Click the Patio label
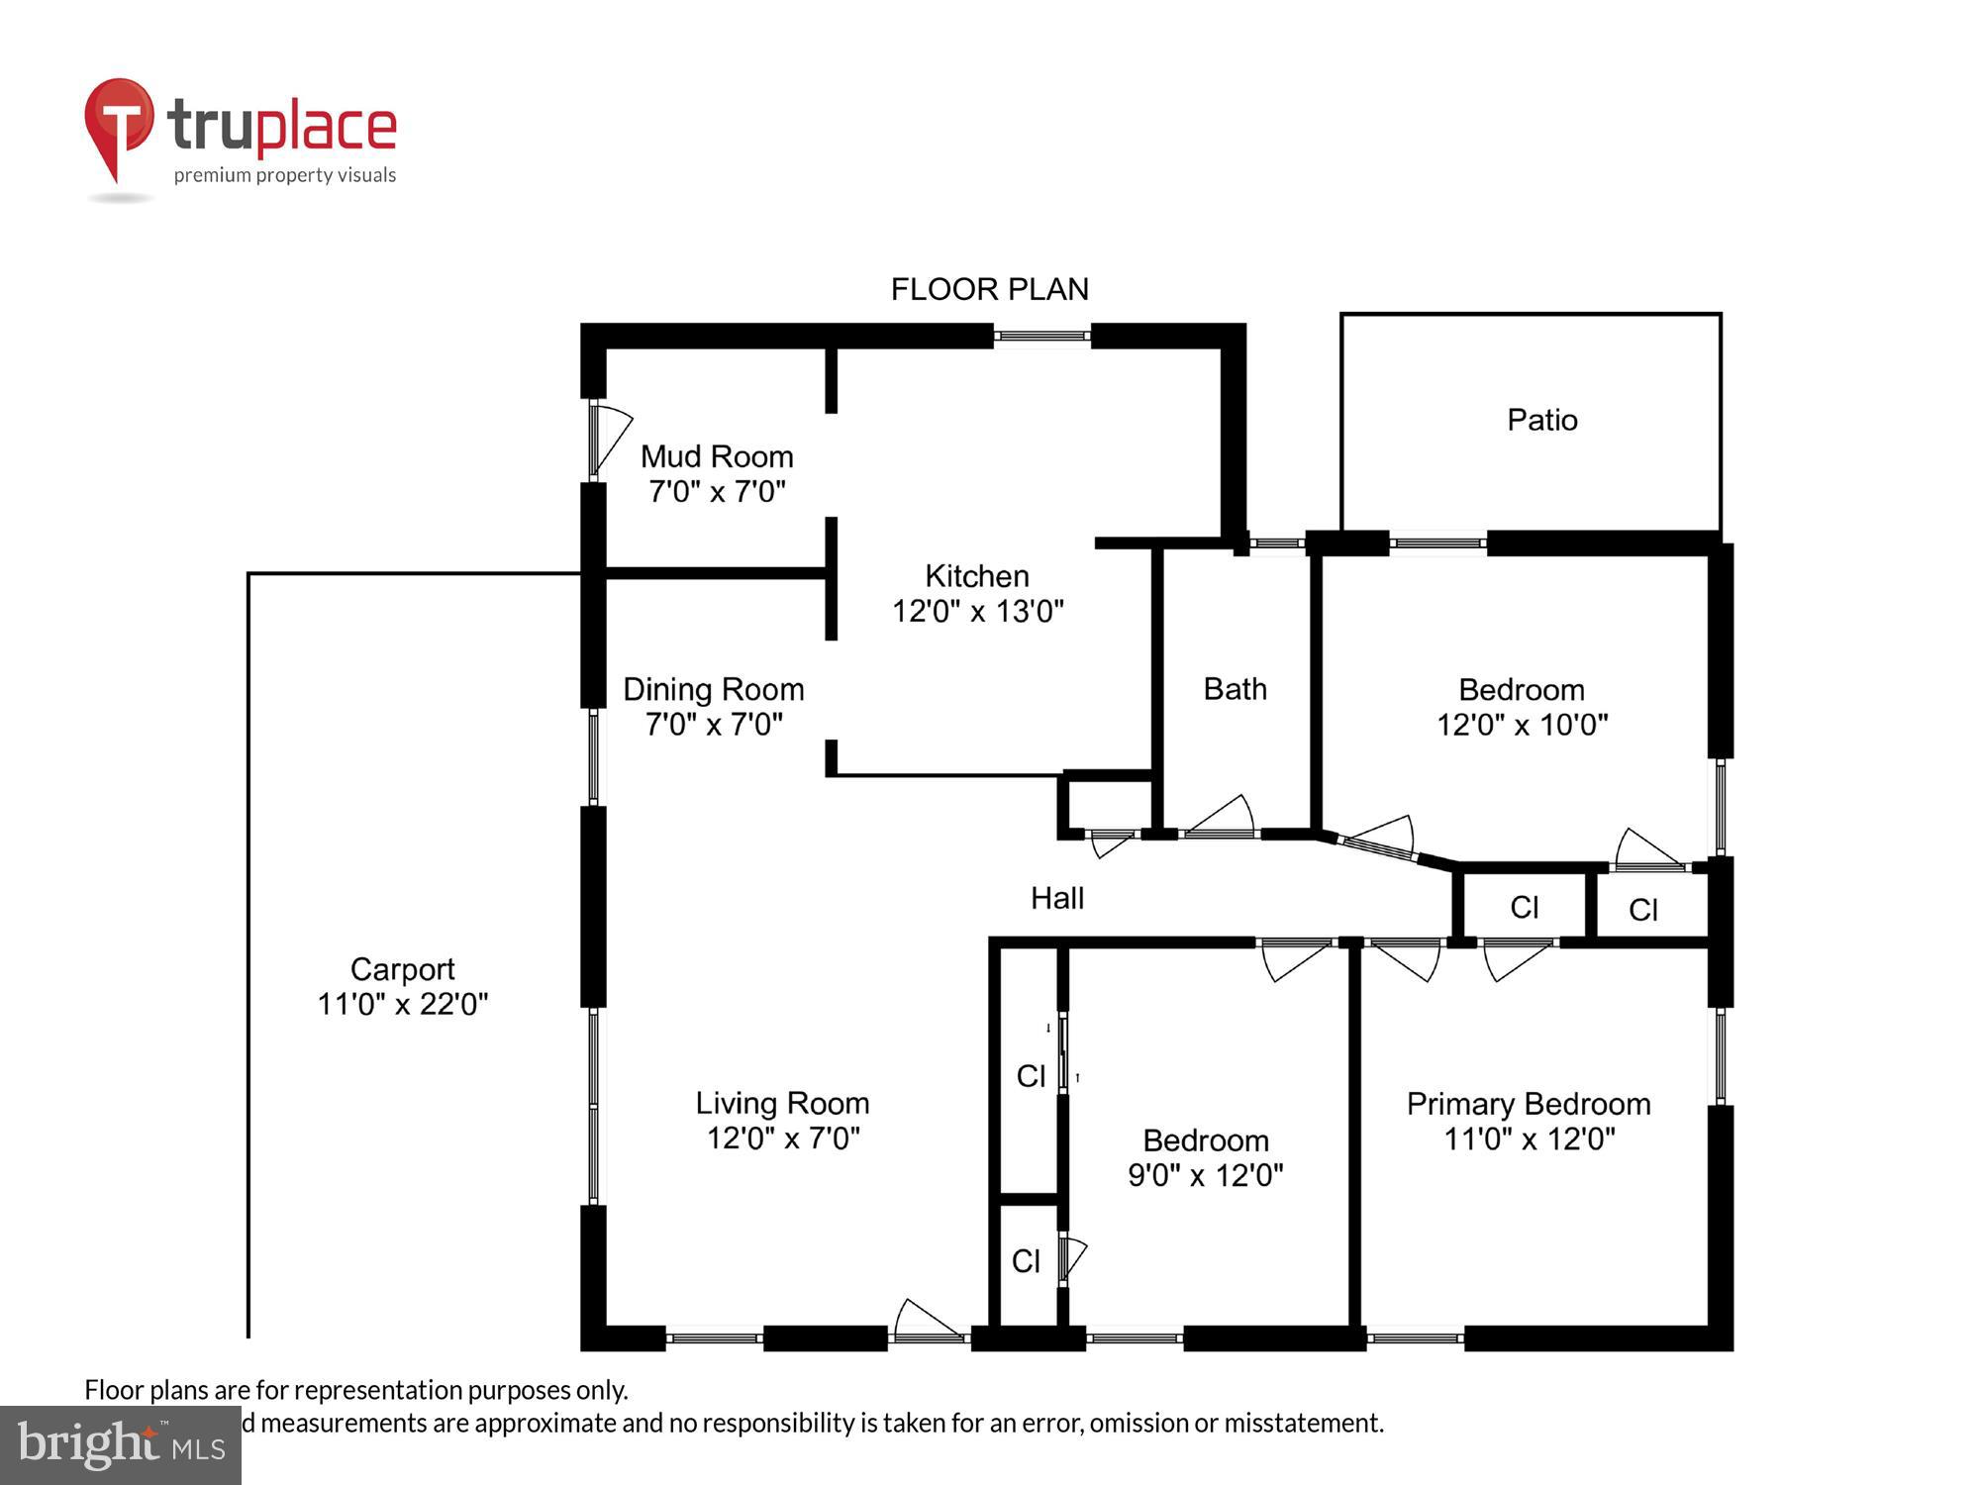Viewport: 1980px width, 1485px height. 1541,420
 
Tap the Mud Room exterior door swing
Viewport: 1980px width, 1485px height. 611,439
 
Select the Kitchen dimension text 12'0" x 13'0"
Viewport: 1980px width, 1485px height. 977,611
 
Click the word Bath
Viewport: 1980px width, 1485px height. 1235,688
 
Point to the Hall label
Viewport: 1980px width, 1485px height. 1056,898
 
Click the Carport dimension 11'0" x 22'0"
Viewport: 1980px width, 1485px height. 402,1004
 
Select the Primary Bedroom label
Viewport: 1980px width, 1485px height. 1528,1104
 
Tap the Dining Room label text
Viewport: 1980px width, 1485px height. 713,689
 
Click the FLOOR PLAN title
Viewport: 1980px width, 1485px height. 989,289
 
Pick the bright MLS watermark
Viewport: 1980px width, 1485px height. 121,1445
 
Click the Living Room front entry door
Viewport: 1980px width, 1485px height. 929,1322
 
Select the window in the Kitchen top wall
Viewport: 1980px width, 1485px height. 1041,337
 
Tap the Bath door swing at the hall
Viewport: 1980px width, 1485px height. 1221,818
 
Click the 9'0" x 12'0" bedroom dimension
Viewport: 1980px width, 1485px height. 1205,1175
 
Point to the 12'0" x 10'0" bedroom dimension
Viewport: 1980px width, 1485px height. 1522,725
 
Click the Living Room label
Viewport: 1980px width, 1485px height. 782,1103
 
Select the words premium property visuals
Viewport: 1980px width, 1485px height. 285,175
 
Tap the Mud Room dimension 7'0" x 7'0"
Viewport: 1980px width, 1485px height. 717,491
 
